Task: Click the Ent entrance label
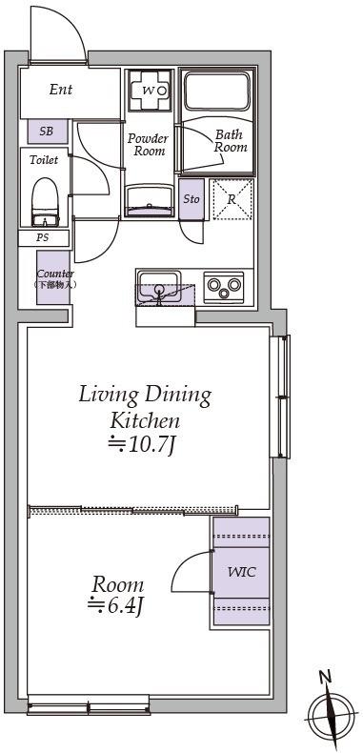[x=61, y=90]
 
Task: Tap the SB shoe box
[x=47, y=132]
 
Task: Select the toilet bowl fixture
[x=45, y=202]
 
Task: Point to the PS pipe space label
[x=43, y=237]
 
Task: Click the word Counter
[x=55, y=275]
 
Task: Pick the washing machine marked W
[x=150, y=91]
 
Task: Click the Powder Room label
[x=148, y=145]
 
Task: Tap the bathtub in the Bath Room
[x=217, y=91]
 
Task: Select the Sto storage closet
[x=192, y=199]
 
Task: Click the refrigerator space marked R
[x=232, y=199]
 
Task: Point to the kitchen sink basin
[x=158, y=287]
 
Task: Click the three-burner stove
[x=224, y=287]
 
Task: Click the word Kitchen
[x=145, y=421]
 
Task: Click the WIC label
[x=241, y=572]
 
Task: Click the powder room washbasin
[x=150, y=201]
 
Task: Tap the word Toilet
[x=44, y=160]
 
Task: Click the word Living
[x=108, y=397]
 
